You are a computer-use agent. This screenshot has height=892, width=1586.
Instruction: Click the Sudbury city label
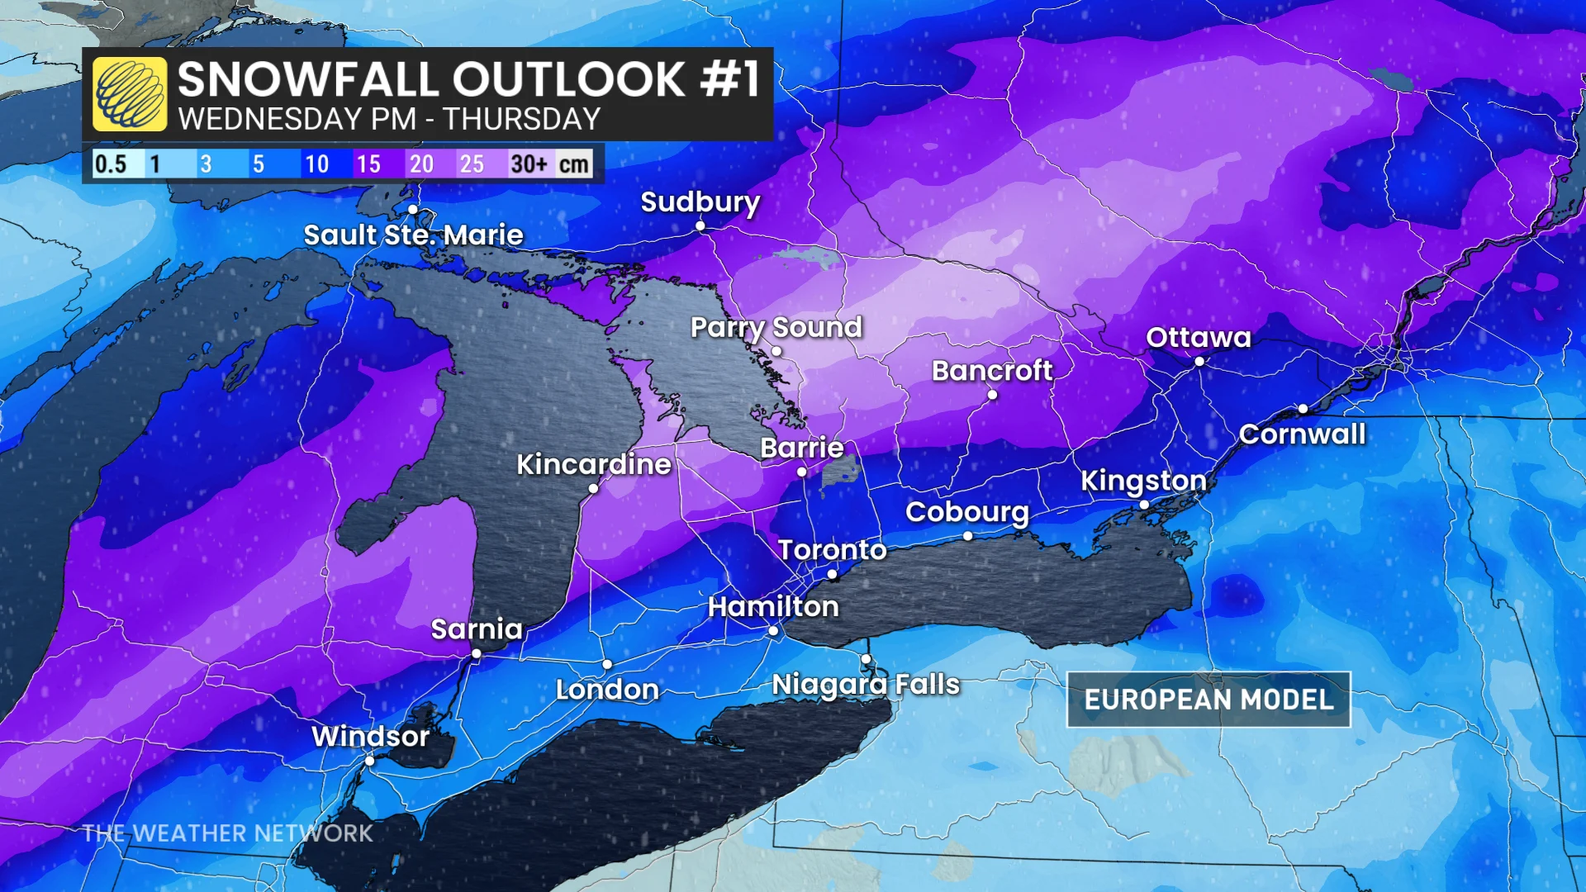(700, 202)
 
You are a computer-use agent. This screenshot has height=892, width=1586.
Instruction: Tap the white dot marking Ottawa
(1199, 362)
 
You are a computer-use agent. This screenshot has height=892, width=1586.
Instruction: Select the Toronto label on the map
(832, 550)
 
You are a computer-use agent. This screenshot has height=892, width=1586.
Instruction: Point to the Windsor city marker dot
(370, 761)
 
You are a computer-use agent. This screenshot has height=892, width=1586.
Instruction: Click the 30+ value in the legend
(529, 164)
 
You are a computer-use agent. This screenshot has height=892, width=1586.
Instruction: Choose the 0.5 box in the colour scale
(111, 164)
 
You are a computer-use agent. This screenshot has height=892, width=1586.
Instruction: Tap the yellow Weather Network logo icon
(130, 94)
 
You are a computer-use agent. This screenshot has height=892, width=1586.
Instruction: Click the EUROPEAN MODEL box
(1208, 700)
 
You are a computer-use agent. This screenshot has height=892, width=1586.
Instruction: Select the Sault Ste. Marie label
(413, 235)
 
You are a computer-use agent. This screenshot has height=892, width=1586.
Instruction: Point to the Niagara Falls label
(866, 685)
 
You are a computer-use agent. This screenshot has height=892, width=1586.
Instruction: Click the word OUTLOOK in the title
(568, 80)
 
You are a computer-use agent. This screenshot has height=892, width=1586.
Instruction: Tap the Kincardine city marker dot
(593, 489)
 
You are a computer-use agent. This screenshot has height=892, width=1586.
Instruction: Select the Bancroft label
(992, 371)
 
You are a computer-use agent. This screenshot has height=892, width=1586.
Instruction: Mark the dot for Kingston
(1144, 505)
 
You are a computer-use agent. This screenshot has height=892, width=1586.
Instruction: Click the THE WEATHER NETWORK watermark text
(228, 833)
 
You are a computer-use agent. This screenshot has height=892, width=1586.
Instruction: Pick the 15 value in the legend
(368, 164)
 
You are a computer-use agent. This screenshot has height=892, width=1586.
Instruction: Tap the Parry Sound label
(776, 328)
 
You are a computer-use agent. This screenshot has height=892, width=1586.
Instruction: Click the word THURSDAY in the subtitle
(521, 120)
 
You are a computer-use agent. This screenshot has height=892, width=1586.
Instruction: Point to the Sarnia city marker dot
(477, 654)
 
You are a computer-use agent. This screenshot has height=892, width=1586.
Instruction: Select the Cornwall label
(1302, 434)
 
